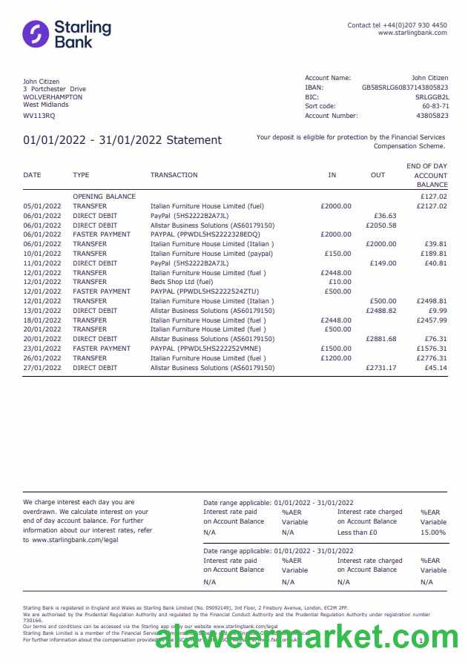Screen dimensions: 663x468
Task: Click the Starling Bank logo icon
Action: (36, 34)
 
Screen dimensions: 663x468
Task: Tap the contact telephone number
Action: (418, 25)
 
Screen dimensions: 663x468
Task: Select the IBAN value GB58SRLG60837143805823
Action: (405, 88)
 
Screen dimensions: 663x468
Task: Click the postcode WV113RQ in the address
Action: (39, 116)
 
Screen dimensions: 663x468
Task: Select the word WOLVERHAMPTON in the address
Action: (53, 97)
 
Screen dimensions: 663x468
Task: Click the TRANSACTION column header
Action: (174, 175)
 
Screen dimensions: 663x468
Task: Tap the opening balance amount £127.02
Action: (433, 197)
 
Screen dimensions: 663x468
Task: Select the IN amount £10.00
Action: (340, 282)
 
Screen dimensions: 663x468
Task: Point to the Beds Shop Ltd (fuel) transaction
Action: (182, 282)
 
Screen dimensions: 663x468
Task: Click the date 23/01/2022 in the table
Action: (42, 349)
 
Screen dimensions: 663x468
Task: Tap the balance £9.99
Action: (438, 311)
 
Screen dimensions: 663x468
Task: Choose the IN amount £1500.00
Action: (336, 349)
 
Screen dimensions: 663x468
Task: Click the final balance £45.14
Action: (433, 368)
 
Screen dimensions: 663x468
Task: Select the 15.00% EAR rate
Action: (433, 532)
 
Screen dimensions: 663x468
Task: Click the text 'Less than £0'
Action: (357, 532)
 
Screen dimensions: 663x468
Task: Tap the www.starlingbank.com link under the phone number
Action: (412, 33)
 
